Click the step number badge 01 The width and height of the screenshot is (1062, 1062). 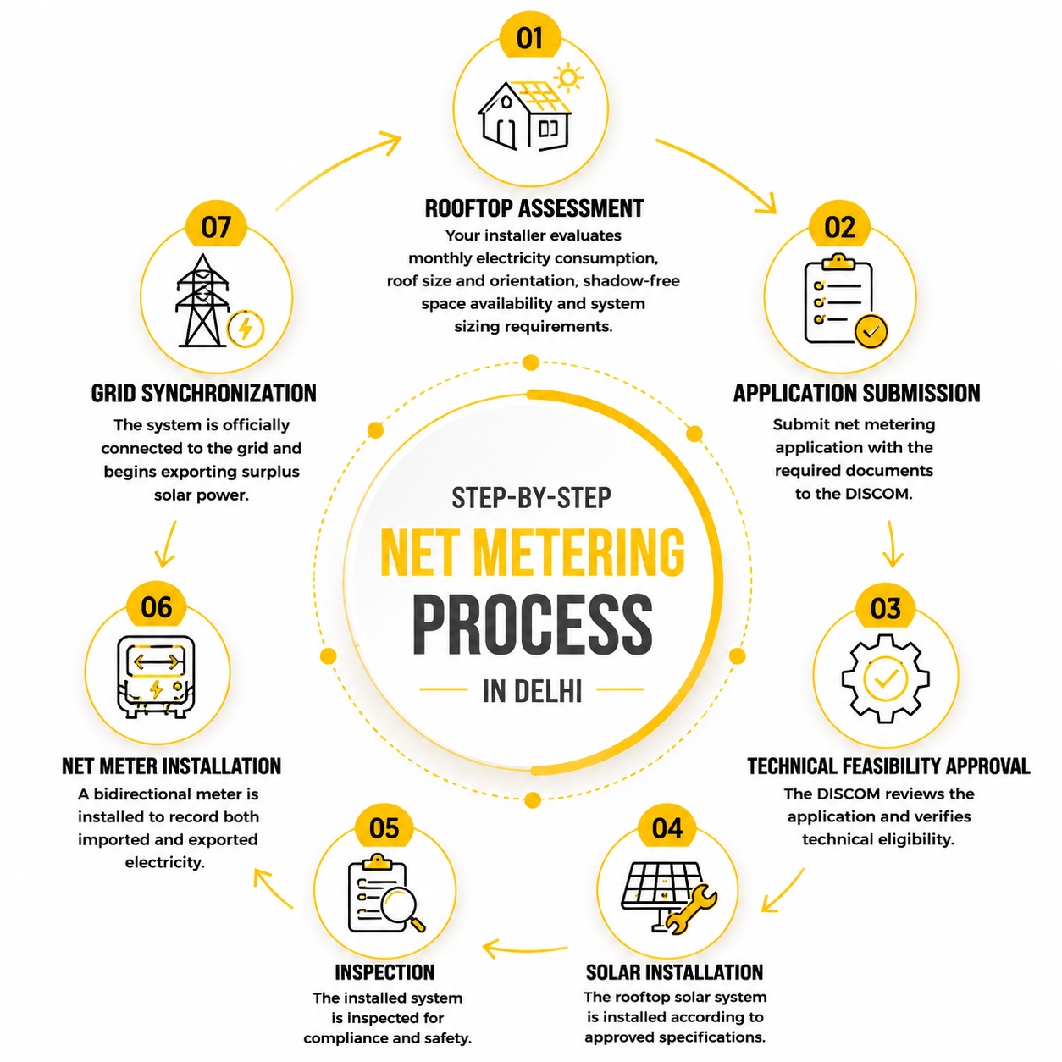coord(529,37)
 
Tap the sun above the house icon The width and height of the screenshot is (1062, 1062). coord(568,78)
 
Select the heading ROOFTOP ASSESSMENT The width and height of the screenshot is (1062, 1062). coord(534,209)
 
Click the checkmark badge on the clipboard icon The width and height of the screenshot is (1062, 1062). coord(871,331)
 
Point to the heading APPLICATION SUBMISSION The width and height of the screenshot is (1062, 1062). coord(856,394)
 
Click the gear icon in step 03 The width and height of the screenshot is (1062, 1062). coord(884,678)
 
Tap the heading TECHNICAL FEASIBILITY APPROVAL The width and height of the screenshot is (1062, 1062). coord(888,766)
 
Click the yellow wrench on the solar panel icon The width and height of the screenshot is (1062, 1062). coord(691,910)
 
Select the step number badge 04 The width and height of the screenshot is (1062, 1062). coord(667,827)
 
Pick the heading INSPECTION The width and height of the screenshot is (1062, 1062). coord(384,973)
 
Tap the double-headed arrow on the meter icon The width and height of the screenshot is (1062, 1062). coord(157,661)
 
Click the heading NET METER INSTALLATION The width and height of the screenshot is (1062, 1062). coord(171,766)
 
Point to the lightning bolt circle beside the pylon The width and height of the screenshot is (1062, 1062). coord(246,329)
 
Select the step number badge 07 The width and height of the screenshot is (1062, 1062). coord(215,226)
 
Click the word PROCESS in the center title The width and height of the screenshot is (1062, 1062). coord(533,624)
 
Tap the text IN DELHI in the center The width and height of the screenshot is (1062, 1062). coord(532,690)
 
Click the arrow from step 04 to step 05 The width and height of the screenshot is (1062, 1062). coord(524,949)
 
